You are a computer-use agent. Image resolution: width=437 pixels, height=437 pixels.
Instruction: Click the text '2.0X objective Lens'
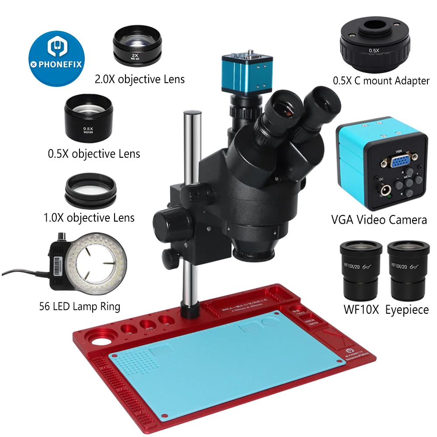(140, 79)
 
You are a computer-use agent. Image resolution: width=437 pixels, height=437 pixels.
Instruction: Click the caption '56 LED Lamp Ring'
(80, 306)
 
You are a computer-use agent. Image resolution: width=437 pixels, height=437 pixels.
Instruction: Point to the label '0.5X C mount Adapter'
(381, 81)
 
